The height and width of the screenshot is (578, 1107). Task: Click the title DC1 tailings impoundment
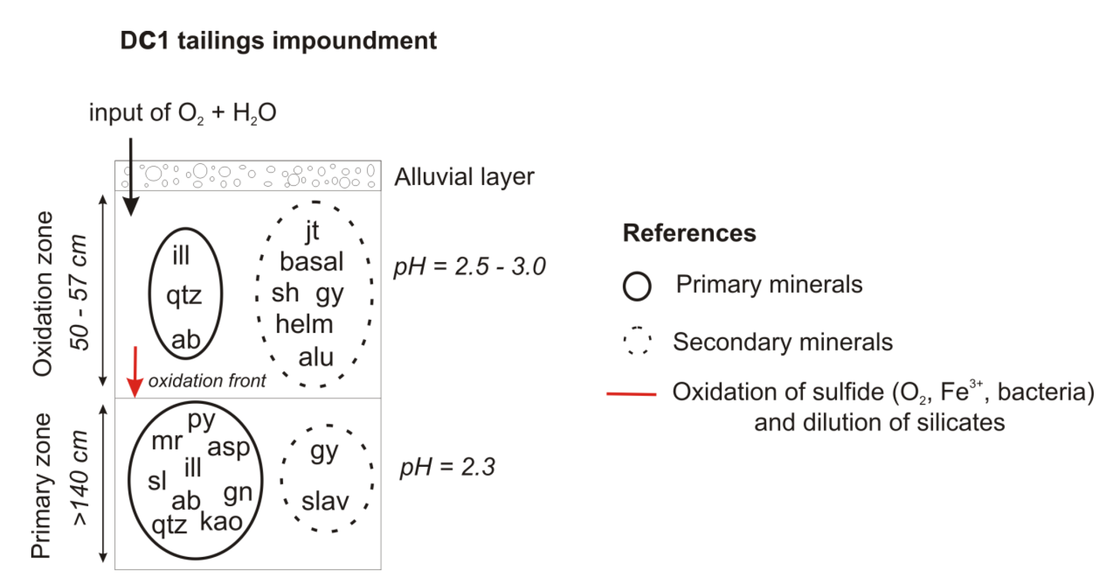278,41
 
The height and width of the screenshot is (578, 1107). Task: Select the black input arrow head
131,206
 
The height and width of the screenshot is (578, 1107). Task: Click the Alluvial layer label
464,177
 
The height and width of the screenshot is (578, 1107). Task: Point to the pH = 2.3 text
447,467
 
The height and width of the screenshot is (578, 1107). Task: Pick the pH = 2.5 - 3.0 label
470,266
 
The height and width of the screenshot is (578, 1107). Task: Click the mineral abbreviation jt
312,231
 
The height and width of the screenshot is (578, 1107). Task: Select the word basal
312,262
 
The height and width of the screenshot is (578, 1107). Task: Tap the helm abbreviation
304,325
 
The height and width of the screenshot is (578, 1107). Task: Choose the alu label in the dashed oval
316,357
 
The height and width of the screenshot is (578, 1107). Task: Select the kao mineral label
221,522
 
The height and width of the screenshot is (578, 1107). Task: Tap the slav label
325,501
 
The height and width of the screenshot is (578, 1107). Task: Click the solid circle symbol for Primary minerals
637,286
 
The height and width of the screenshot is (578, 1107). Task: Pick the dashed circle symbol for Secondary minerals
637,340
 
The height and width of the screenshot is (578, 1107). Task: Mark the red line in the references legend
631,394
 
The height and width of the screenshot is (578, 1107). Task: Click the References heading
689,234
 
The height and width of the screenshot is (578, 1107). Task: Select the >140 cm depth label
80,477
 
